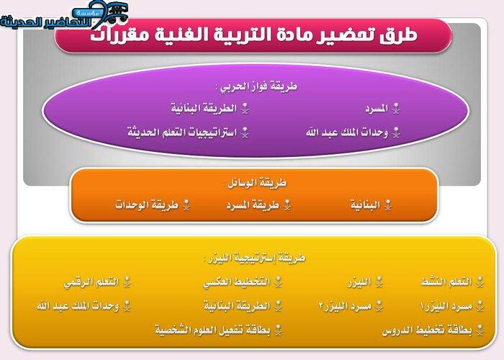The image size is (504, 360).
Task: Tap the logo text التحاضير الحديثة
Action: pyautogui.click(x=45, y=22)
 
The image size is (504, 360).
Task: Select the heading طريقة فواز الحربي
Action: pyautogui.click(x=256, y=86)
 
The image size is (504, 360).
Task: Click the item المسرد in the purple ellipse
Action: pyautogui.click(x=377, y=109)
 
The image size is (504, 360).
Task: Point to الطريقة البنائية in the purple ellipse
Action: pyautogui.click(x=204, y=108)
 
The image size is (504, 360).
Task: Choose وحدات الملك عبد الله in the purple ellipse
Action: pyautogui.click(x=347, y=132)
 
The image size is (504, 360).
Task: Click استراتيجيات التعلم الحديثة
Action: pyautogui.click(x=182, y=132)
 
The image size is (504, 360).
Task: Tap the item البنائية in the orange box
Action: pyautogui.click(x=365, y=204)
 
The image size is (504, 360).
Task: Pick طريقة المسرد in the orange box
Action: pyautogui.click(x=253, y=205)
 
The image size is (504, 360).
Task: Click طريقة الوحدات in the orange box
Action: pyautogui.click(x=147, y=204)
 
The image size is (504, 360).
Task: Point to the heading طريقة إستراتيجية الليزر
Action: pyautogui.click(x=255, y=258)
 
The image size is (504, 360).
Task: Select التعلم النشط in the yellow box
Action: pyautogui.click(x=447, y=282)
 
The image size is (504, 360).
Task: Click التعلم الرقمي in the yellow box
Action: pyautogui.click(x=91, y=282)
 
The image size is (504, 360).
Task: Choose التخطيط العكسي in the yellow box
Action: pyautogui.click(x=237, y=282)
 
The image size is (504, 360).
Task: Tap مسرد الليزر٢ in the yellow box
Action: pyautogui.click(x=345, y=306)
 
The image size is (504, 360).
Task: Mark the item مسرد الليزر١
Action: pyautogui.click(x=446, y=306)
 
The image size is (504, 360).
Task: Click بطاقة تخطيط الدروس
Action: pyautogui.click(x=427, y=330)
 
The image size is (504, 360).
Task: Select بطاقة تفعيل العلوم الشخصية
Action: pyautogui.click(x=213, y=330)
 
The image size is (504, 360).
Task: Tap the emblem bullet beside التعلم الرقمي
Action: pyautogui.click(x=127, y=282)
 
